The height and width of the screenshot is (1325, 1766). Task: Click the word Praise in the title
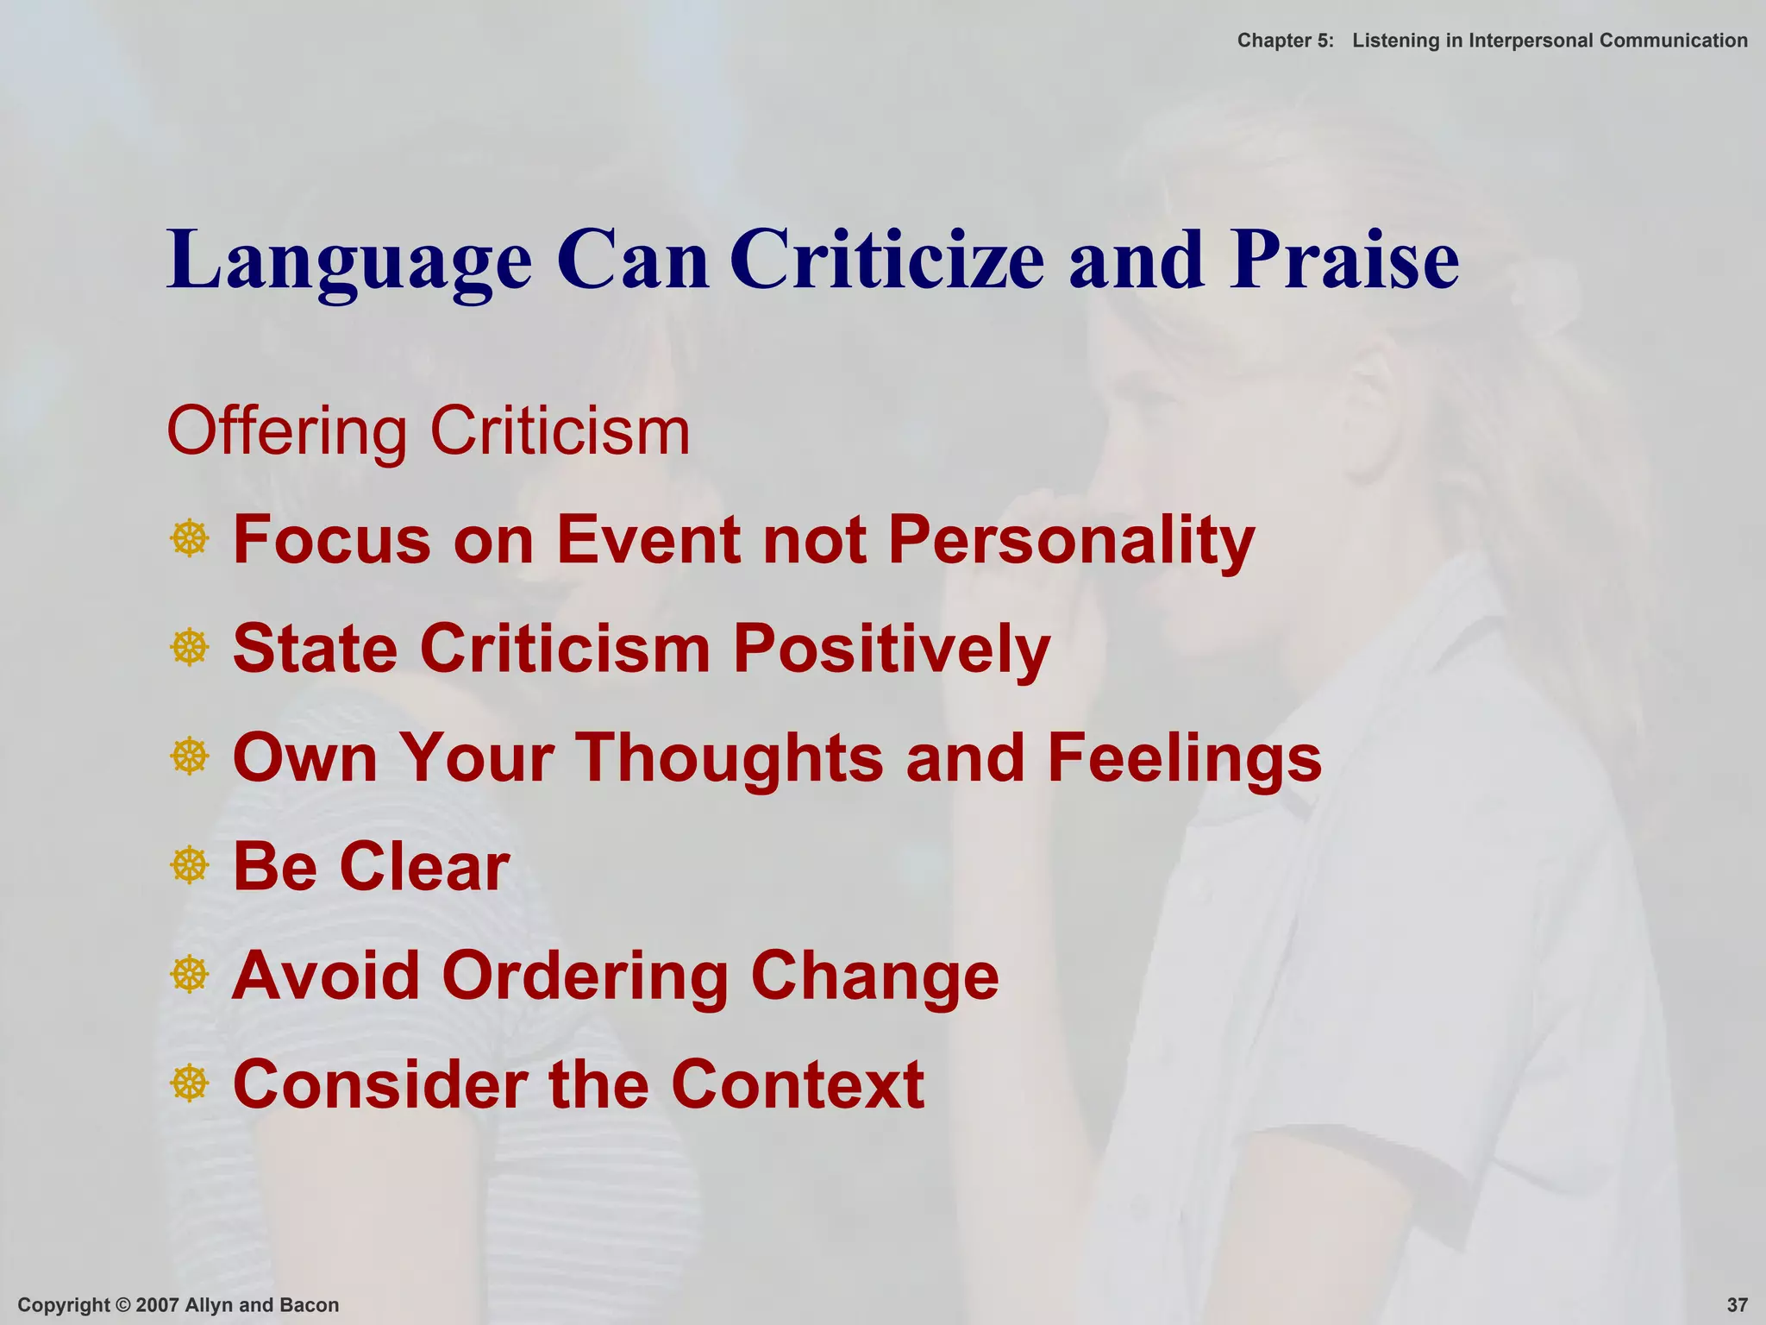point(1344,260)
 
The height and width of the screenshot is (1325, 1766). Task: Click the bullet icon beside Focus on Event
point(190,539)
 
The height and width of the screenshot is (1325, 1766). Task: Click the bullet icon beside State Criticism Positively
point(190,648)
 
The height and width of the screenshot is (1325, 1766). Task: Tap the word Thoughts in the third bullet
point(730,757)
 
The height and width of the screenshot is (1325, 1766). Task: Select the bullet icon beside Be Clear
point(190,866)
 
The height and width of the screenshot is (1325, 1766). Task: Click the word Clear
point(424,866)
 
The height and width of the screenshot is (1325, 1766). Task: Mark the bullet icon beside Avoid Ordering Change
point(190,975)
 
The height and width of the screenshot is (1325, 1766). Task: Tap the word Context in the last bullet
point(798,1084)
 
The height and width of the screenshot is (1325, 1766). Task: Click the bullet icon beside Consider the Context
point(190,1084)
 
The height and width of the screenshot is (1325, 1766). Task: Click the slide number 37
point(1737,1305)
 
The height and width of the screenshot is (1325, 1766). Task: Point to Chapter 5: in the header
point(1285,41)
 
